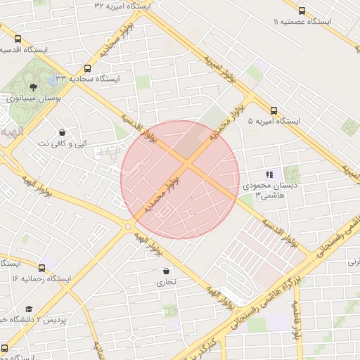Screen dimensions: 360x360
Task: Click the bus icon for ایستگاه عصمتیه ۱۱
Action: pyautogui.click(x=302, y=11)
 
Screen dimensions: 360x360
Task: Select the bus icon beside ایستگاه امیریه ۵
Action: pyautogui.click(x=274, y=110)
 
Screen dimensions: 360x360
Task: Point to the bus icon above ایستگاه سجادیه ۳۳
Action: pyautogui.click(x=88, y=68)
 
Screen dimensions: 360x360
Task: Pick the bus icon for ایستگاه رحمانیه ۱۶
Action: pyautogui.click(x=41, y=268)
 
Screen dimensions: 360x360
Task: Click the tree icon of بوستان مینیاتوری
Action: pyautogui.click(x=34, y=88)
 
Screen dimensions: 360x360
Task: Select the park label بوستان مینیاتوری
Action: pyautogui.click(x=34, y=98)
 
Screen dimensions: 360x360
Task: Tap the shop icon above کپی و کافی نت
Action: pyautogui.click(x=63, y=132)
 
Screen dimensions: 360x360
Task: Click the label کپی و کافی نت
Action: pyautogui.click(x=63, y=143)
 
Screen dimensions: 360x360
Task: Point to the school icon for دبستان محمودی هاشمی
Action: pyautogui.click(x=269, y=174)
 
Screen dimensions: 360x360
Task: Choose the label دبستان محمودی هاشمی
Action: pyautogui.click(x=261, y=190)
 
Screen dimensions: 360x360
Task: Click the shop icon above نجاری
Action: pyautogui.click(x=167, y=271)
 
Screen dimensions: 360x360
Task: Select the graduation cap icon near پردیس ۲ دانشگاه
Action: pyautogui.click(x=29, y=309)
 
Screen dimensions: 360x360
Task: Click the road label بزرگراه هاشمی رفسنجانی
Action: pyautogui.click(x=271, y=303)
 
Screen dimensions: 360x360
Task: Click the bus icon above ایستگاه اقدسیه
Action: pyautogui.click(x=17, y=39)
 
